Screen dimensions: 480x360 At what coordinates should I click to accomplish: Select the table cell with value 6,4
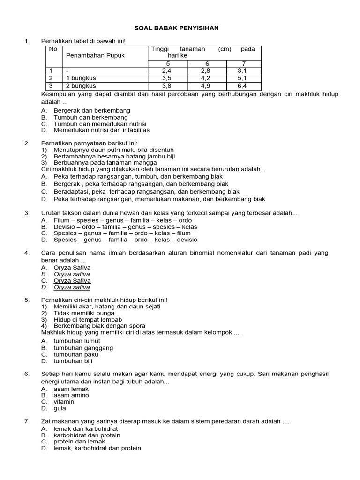click(x=242, y=86)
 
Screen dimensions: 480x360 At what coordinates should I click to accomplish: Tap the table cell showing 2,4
click(x=167, y=71)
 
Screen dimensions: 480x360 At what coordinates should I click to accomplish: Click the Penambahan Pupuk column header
click(x=95, y=55)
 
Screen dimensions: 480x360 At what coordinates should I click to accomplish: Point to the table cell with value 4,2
click(x=207, y=79)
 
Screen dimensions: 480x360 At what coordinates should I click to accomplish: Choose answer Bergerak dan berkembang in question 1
click(x=92, y=110)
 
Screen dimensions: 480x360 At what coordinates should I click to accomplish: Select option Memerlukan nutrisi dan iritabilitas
click(x=101, y=130)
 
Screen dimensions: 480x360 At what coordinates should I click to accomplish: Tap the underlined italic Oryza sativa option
click(x=72, y=287)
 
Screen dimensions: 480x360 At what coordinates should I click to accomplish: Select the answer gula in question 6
click(x=60, y=409)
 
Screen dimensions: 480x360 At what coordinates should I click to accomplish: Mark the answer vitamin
click(x=64, y=402)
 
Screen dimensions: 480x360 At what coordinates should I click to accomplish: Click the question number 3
click(x=27, y=213)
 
